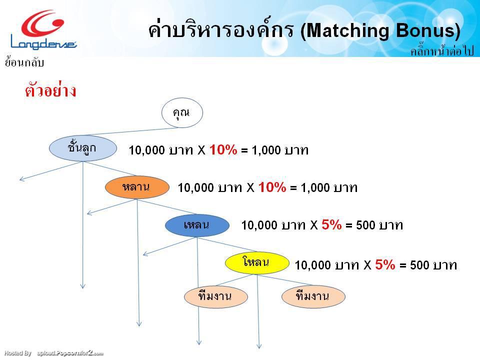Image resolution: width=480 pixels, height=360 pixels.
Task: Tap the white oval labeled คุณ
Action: click(182, 113)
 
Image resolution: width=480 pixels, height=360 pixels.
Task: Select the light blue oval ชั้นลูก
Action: click(82, 148)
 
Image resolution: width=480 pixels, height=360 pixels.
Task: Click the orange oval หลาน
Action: click(136, 187)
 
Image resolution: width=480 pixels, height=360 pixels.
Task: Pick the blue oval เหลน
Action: click(196, 225)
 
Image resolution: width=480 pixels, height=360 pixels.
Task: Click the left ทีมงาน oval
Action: click(215, 296)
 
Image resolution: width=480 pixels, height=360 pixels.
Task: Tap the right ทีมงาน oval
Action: click(312, 296)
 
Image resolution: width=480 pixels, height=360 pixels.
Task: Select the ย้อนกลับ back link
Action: click(24, 62)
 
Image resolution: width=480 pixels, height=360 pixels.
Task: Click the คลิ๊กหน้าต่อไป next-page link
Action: click(441, 51)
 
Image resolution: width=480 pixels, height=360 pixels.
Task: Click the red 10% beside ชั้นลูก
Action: click(223, 149)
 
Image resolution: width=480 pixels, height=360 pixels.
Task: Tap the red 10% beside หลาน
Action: click(272, 187)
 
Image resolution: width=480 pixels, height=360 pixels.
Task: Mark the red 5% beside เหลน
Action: click(331, 225)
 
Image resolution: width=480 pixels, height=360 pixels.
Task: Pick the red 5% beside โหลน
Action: click(385, 264)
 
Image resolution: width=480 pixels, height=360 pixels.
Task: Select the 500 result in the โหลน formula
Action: click(420, 265)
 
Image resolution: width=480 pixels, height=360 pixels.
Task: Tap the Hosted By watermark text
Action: click(17, 353)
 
